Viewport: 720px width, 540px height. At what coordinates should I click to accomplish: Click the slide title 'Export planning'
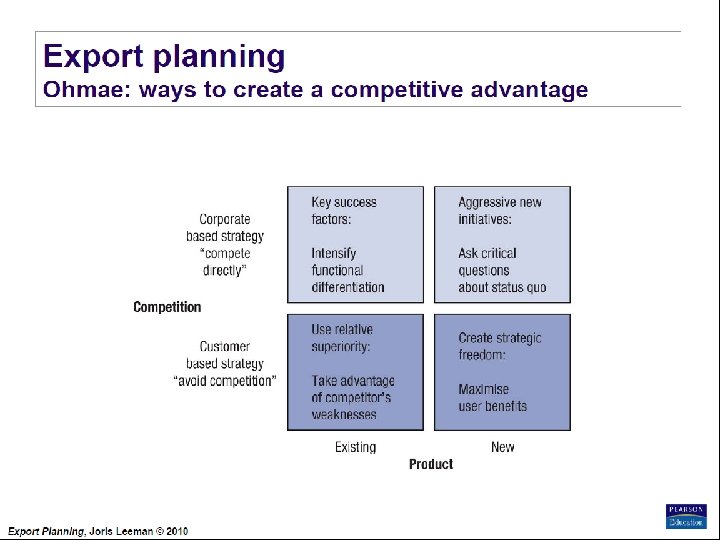164,56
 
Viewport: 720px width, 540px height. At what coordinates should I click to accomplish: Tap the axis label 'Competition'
167,307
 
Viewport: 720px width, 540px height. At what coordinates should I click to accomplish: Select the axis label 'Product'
431,464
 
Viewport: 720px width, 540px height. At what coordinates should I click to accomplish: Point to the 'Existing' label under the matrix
355,447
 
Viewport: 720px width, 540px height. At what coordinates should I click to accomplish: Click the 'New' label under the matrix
502,447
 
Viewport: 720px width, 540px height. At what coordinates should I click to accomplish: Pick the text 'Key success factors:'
344,210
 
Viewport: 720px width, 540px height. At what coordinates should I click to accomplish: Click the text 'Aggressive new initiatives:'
500,210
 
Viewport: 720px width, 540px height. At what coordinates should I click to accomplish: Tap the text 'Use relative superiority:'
341,338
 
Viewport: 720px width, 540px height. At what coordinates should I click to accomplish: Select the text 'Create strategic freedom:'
499,346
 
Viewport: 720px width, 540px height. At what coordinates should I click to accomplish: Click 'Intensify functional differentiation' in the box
347,270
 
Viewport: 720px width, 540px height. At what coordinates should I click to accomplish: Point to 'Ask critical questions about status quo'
502,270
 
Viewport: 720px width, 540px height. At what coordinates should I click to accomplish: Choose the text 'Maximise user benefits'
492,398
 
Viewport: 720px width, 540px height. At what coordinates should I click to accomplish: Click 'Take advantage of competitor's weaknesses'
352,398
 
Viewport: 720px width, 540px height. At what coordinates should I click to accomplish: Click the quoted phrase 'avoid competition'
225,381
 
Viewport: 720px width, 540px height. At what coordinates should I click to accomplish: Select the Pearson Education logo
686,516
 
